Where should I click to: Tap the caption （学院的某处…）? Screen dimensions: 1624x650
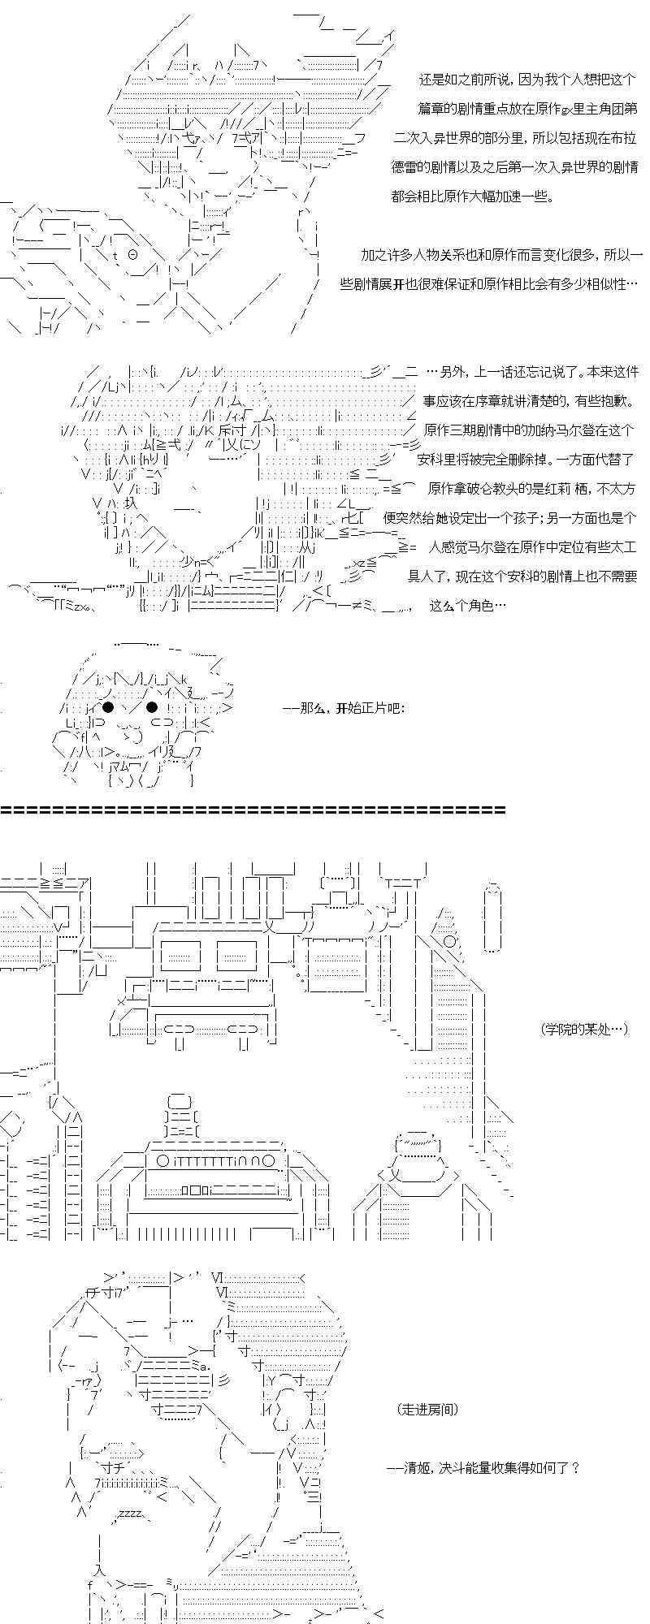coord(583,1029)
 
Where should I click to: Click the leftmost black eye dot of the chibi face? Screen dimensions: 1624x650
coord(107,706)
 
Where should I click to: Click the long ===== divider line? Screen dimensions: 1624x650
coord(253,810)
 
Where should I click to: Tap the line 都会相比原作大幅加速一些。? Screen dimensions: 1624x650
coord(473,196)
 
